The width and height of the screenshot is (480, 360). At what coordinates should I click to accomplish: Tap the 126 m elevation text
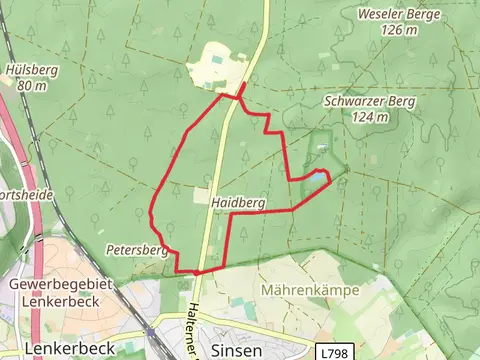point(398,30)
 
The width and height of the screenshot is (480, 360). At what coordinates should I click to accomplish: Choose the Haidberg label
point(238,202)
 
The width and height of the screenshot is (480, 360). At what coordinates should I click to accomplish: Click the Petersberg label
point(135,249)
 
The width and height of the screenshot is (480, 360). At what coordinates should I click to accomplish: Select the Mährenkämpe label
point(309,290)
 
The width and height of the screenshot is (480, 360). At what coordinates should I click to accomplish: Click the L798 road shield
point(335,352)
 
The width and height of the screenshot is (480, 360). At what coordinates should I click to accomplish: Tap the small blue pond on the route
point(316,176)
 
